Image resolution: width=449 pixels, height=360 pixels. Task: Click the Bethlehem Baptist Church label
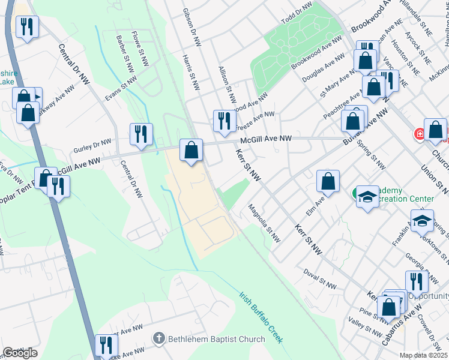(215, 339)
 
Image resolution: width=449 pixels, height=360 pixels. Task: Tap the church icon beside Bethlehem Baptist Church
(158, 339)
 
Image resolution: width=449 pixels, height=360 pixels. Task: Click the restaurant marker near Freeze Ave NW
(222, 120)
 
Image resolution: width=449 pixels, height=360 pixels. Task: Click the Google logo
(20, 353)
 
